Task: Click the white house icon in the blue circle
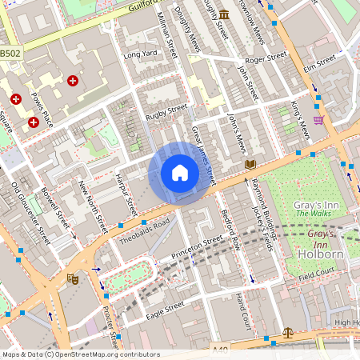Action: [x=180, y=172]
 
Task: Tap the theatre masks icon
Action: [x=72, y=279]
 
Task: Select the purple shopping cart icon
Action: [x=319, y=120]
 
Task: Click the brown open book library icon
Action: [x=250, y=164]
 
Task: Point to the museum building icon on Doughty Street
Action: [x=224, y=14]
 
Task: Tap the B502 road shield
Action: [x=10, y=53]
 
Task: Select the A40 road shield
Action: [x=222, y=350]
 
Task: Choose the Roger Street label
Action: [x=266, y=58]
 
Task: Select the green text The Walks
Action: [x=313, y=213]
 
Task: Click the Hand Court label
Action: [x=243, y=310]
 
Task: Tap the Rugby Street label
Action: [x=166, y=113]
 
